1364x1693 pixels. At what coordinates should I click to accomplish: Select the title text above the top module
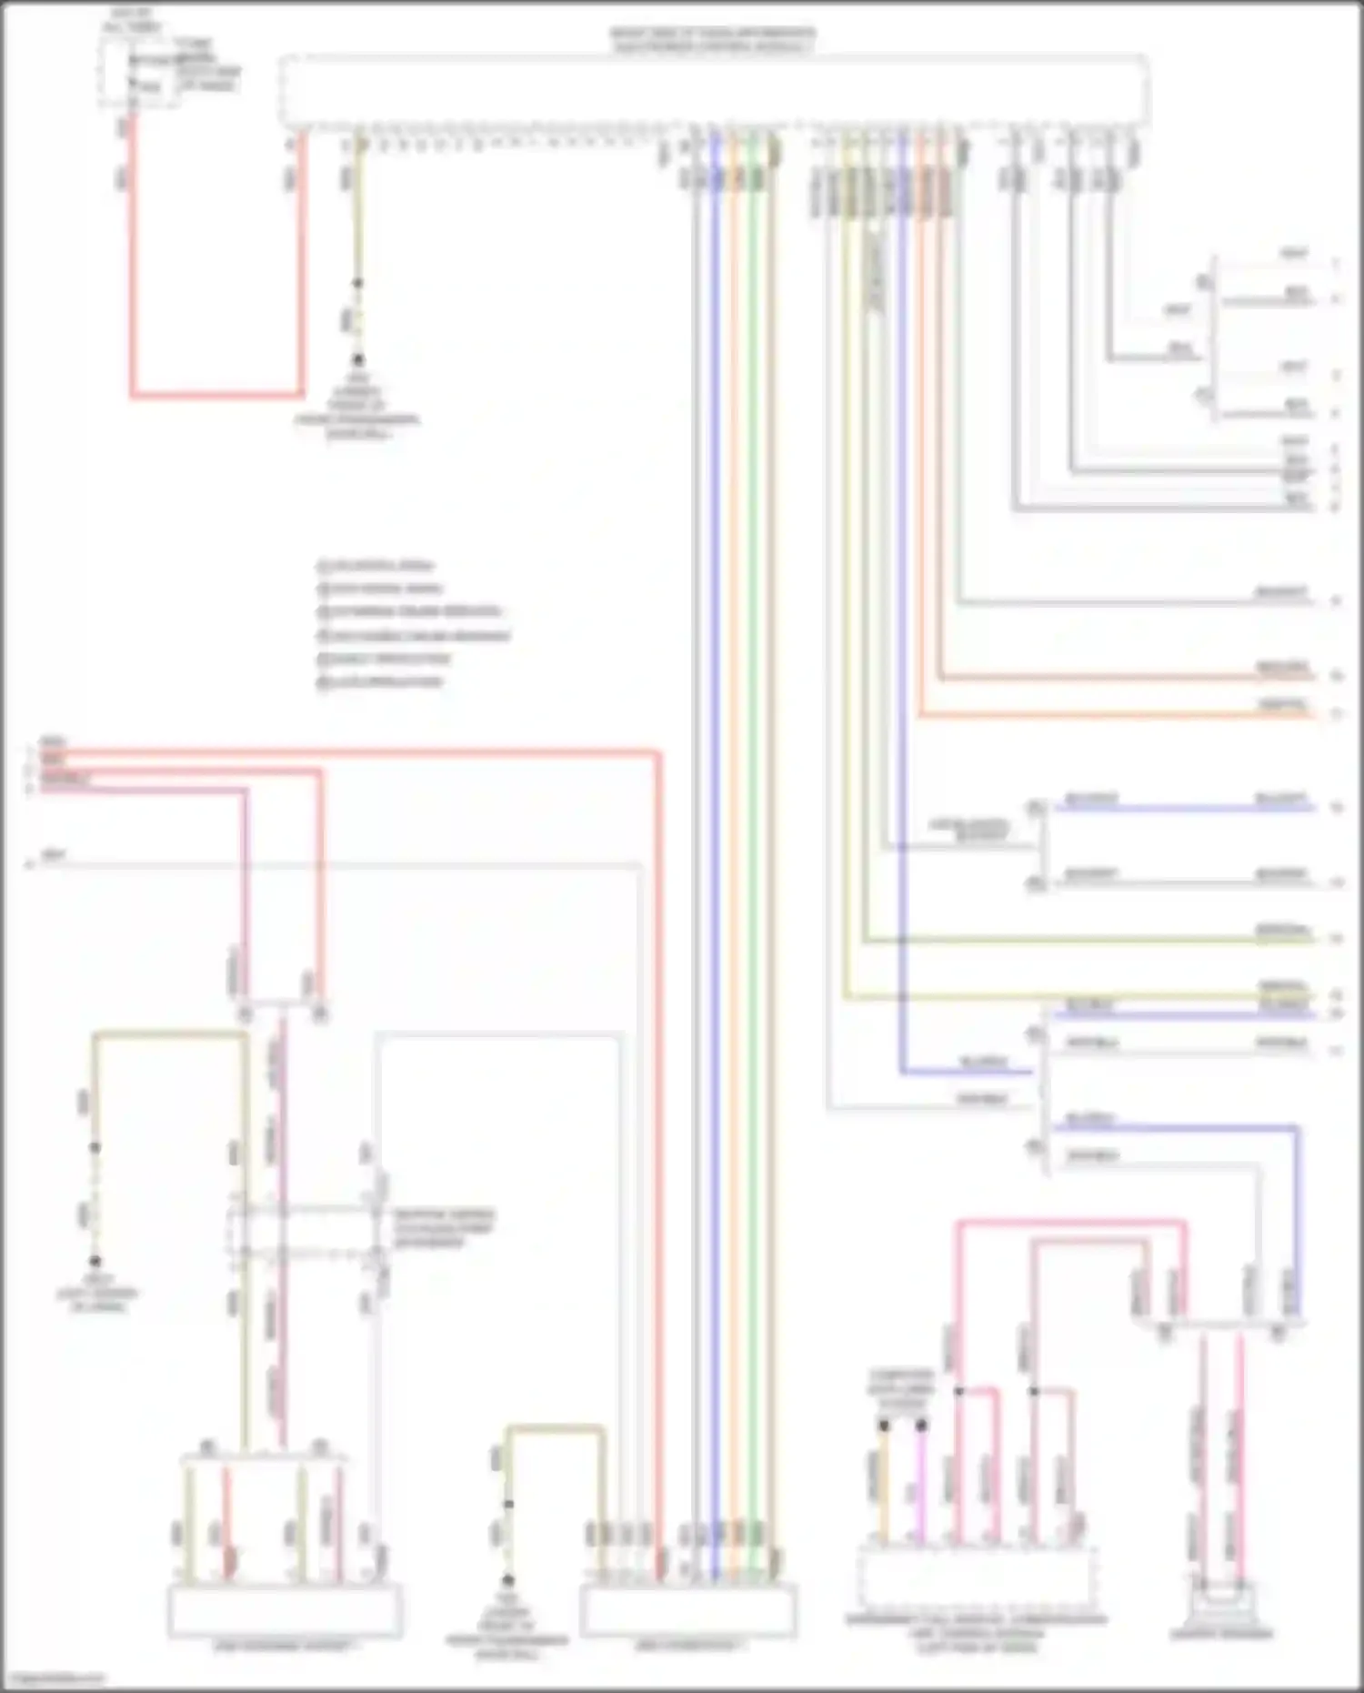point(714,39)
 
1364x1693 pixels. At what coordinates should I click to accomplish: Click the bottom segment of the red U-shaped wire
point(216,396)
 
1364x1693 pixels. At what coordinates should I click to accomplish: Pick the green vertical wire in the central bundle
point(752,819)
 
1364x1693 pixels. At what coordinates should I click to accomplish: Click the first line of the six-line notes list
point(376,566)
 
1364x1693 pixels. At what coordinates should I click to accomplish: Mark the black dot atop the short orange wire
point(883,1426)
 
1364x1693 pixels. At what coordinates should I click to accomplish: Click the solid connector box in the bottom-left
point(285,1611)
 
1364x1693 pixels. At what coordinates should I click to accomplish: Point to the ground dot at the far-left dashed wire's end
point(95,1262)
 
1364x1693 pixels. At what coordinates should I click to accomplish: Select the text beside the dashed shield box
point(443,1227)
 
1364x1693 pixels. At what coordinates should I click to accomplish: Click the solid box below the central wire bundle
point(688,1611)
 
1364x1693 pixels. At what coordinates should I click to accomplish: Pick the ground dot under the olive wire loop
point(507,1580)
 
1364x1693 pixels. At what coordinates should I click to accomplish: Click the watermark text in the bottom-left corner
point(53,1678)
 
